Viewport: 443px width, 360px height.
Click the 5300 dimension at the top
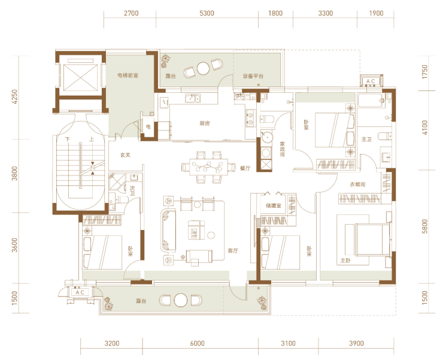(x=207, y=13)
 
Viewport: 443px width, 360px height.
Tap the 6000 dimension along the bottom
(x=197, y=343)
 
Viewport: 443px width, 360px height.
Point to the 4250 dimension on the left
(x=15, y=96)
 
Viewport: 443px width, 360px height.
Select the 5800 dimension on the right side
(x=424, y=226)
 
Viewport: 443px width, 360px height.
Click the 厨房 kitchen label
(x=205, y=123)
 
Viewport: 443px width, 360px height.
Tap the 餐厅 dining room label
(x=245, y=168)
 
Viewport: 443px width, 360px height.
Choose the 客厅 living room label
(x=233, y=250)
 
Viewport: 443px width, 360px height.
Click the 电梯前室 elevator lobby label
(x=128, y=75)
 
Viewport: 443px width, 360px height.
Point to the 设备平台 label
(x=253, y=76)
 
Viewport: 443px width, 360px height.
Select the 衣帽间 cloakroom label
(x=357, y=184)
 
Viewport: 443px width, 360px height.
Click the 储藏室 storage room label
(x=273, y=205)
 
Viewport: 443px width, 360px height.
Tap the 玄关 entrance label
(x=125, y=155)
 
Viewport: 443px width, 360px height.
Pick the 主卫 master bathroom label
(x=366, y=139)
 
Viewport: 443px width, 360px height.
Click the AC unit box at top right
(x=371, y=81)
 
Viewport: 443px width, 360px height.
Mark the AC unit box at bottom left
(x=80, y=292)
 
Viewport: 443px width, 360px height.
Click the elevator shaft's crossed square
(x=80, y=77)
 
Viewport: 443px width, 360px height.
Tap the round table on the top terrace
(x=203, y=68)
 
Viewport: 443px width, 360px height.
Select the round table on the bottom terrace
(x=181, y=300)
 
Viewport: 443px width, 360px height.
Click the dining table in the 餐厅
(x=209, y=167)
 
